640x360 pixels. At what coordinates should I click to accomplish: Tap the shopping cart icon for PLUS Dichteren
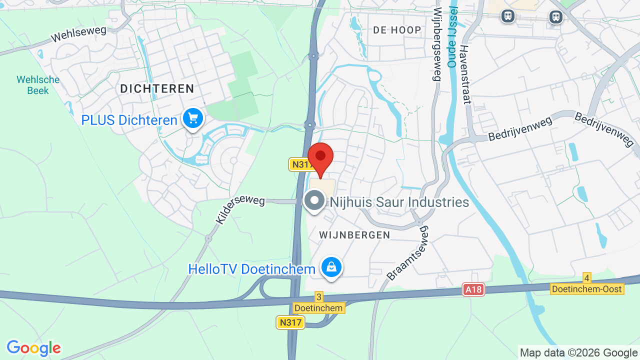click(193, 119)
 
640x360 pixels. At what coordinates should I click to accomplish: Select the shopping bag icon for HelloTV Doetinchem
click(331, 267)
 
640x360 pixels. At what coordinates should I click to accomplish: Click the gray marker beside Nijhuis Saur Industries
click(314, 201)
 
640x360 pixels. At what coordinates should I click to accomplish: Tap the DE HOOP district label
click(397, 30)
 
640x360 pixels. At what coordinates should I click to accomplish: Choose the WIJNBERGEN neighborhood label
click(354, 235)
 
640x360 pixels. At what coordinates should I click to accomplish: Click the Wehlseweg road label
click(79, 34)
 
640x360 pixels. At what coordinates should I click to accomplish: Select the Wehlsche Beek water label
click(38, 85)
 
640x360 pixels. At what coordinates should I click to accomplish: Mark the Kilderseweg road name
click(240, 209)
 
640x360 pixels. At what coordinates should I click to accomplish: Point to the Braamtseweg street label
click(408, 252)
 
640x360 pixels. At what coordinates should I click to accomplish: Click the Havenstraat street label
click(465, 74)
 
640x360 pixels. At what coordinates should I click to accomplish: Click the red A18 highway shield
click(473, 289)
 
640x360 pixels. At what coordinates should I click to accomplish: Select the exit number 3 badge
click(319, 296)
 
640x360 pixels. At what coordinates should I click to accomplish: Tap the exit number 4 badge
click(587, 278)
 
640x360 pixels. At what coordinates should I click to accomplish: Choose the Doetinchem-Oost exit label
click(587, 289)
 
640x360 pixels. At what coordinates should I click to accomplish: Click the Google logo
click(33, 348)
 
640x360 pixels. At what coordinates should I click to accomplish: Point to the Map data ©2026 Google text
click(578, 353)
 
